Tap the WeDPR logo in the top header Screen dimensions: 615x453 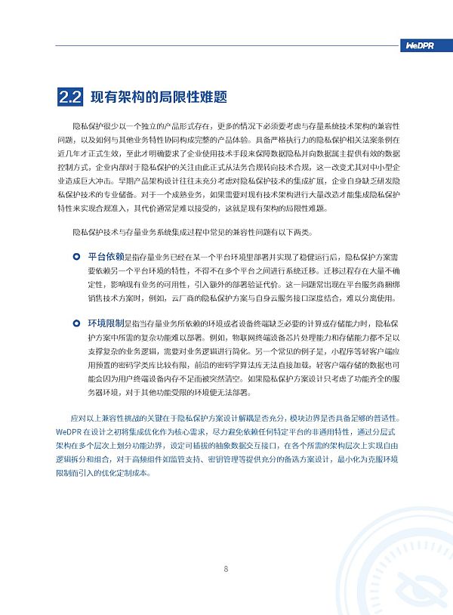[419, 46]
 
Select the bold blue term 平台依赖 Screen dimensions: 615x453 [106, 257]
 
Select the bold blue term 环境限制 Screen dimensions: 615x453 [106, 323]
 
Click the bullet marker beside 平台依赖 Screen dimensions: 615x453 [76, 257]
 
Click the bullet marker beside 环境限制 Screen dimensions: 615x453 [76, 323]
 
